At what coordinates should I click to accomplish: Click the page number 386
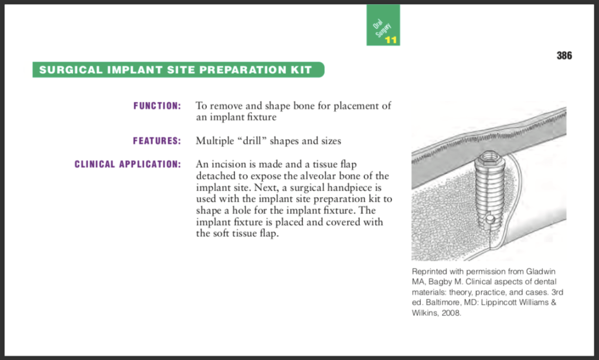click(x=564, y=56)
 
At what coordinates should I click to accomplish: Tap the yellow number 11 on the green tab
click(x=391, y=40)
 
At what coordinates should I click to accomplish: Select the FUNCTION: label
click(x=157, y=106)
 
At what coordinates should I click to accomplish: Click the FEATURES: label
click(x=157, y=141)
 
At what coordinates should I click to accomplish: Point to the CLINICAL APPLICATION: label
click(x=128, y=164)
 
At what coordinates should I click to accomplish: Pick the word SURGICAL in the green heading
click(x=71, y=70)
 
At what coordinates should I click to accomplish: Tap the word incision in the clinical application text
click(x=229, y=164)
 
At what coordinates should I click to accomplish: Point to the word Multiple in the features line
click(x=215, y=141)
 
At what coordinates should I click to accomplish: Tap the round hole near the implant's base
click(x=489, y=219)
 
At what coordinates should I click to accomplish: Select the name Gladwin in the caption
click(x=540, y=271)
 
